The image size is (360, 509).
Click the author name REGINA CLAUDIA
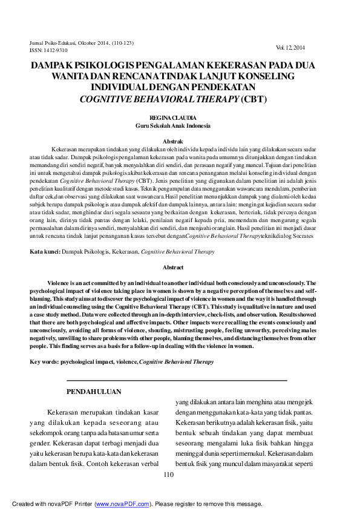(173, 117)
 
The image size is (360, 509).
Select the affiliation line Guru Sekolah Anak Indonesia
(173, 125)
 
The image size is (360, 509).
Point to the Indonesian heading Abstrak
(173, 141)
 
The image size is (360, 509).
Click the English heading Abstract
(173, 267)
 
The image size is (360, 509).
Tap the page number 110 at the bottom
(168, 475)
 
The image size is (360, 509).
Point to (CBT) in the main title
(254, 99)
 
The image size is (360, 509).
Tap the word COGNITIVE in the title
(109, 99)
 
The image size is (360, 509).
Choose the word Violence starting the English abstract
(61, 283)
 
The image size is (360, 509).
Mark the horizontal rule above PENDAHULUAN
(176, 380)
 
